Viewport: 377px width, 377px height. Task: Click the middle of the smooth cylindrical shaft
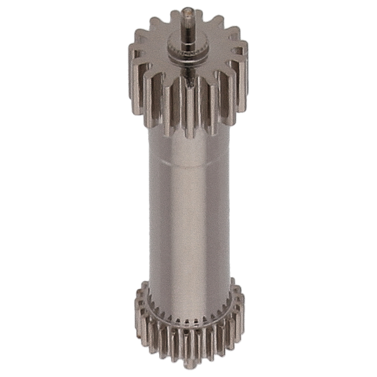click(x=188, y=214)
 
